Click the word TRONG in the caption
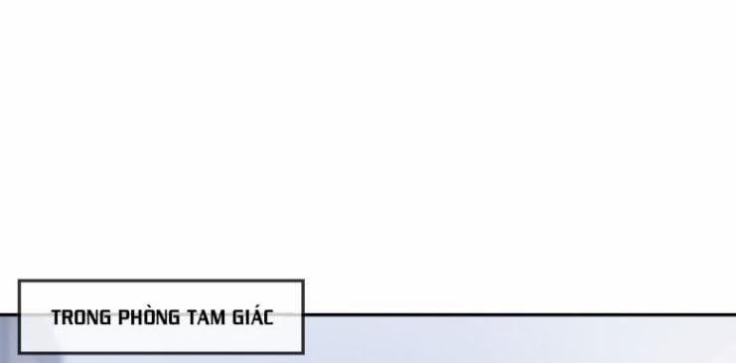(80, 318)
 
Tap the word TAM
(206, 318)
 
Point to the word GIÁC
(253, 318)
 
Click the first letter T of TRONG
(57, 318)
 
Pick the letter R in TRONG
(69, 318)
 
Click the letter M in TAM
(220, 318)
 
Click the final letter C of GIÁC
(268, 318)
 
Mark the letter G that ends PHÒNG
(175, 318)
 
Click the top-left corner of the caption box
(19, 281)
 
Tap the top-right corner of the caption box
(303, 281)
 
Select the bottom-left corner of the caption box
(19, 353)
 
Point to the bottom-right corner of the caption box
(303, 353)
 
